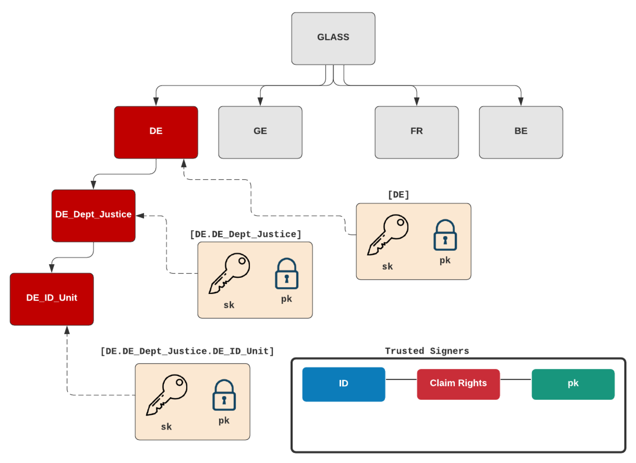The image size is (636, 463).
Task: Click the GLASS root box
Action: coord(333,38)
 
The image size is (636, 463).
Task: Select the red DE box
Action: coord(156,132)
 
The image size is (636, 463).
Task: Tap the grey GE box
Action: coord(260,132)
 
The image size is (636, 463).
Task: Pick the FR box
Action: coord(417,132)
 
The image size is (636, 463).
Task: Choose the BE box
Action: coord(521,132)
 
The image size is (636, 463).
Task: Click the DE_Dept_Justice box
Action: coord(93,216)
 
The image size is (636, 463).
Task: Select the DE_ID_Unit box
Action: coord(52,299)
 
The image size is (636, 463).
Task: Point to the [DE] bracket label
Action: coord(398,195)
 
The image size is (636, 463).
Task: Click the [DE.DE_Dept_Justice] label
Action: coord(245,234)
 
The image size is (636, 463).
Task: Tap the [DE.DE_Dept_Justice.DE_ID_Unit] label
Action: coord(187,351)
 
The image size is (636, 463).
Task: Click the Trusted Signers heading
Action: coord(427,351)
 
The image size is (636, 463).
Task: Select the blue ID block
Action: coord(344,384)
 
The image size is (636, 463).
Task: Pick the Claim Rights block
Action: coord(458,384)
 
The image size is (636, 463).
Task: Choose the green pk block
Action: coord(573,384)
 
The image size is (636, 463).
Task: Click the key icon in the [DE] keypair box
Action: coord(388,235)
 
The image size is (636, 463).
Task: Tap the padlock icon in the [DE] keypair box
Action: coord(445,235)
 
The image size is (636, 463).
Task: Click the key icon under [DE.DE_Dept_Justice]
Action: coord(229,273)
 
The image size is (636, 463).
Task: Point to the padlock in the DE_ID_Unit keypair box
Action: coord(224,395)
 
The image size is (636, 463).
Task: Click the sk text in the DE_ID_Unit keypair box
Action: coord(166,427)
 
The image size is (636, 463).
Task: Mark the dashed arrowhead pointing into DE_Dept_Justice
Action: coord(140,216)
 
